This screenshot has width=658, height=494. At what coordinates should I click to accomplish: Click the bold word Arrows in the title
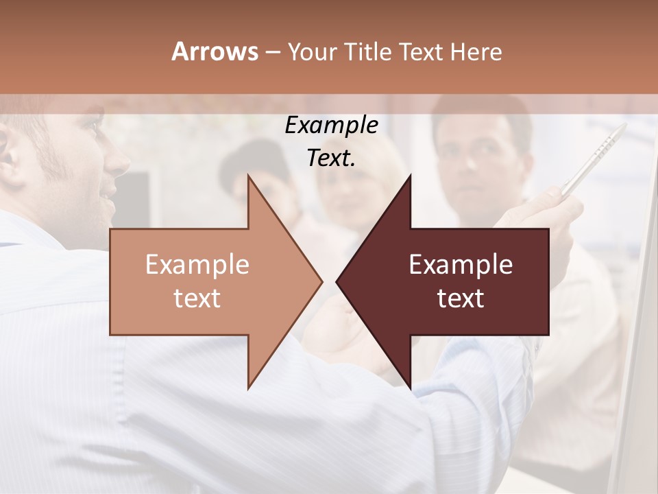pyautogui.click(x=215, y=51)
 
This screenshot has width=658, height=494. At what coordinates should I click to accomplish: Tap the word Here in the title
pyautogui.click(x=475, y=52)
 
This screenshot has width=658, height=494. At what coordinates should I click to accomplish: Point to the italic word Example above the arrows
pyautogui.click(x=331, y=126)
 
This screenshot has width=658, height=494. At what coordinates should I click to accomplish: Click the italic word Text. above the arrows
pyautogui.click(x=331, y=158)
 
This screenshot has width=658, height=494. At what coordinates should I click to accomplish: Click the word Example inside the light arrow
pyautogui.click(x=197, y=265)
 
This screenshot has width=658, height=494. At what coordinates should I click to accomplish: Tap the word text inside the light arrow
pyautogui.click(x=197, y=298)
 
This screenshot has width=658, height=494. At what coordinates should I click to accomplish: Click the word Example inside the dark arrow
pyautogui.click(x=461, y=265)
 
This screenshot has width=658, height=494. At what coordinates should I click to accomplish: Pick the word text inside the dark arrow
pyautogui.click(x=461, y=298)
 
